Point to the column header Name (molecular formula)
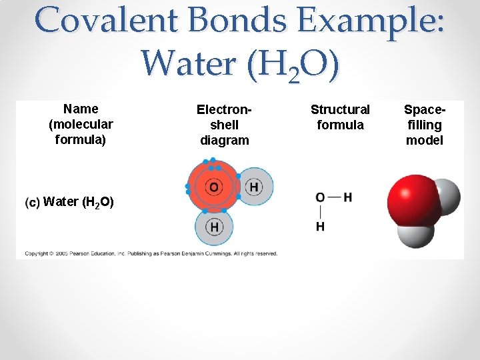pos(81,124)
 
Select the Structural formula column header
pos(340,117)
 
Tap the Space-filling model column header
pos(425,125)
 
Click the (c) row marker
pos(32,202)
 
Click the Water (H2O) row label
pos(79,202)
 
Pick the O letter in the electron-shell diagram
pos(214,187)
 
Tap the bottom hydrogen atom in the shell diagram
pos(214,227)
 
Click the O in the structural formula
pos(320,197)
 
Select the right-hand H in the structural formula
pos(348,197)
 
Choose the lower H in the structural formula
pos(320,227)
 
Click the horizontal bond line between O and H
pos(334,197)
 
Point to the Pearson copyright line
pos(151,253)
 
